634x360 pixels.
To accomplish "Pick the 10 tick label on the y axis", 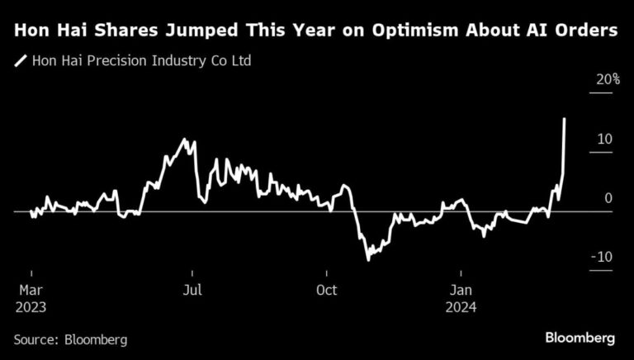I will (605, 140).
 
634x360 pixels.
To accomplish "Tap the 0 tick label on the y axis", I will (608, 198).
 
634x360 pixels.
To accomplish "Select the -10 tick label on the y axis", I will (602, 258).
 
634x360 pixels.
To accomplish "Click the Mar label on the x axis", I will (31, 291).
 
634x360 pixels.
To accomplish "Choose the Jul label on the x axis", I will (192, 291).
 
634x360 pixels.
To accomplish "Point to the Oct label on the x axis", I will (327, 291).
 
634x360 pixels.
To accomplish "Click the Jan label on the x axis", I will (461, 291).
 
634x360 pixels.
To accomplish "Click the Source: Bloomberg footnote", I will (69, 339).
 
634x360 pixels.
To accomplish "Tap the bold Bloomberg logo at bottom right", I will (580, 339).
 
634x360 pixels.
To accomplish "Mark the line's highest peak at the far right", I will (564, 119).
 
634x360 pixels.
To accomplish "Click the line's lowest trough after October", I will (368, 259).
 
